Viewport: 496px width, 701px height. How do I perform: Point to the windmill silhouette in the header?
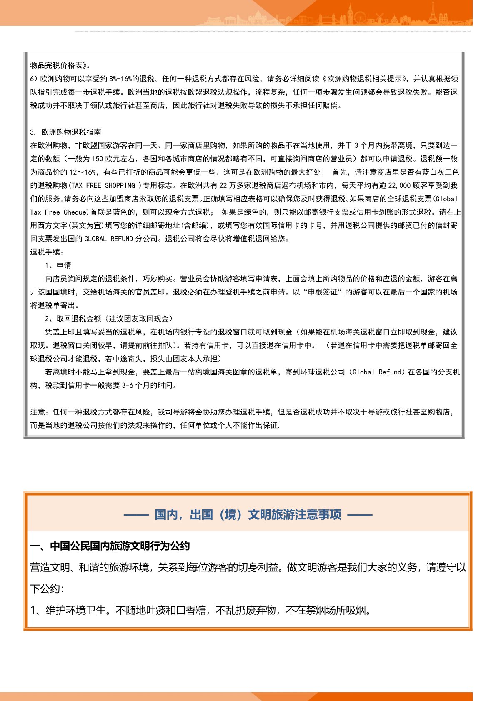coord(379,17)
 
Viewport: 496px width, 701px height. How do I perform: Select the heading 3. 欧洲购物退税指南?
coord(65,132)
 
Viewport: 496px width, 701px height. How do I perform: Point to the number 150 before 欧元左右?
coord(97,159)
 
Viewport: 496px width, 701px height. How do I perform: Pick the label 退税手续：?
coord(47,252)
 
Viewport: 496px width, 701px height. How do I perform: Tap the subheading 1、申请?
coord(58,265)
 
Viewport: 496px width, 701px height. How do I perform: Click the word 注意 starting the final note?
coord(38,412)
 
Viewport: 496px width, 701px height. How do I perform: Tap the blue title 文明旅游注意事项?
coord(295,514)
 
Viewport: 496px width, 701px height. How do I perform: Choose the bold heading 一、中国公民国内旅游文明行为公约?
coord(110,546)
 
